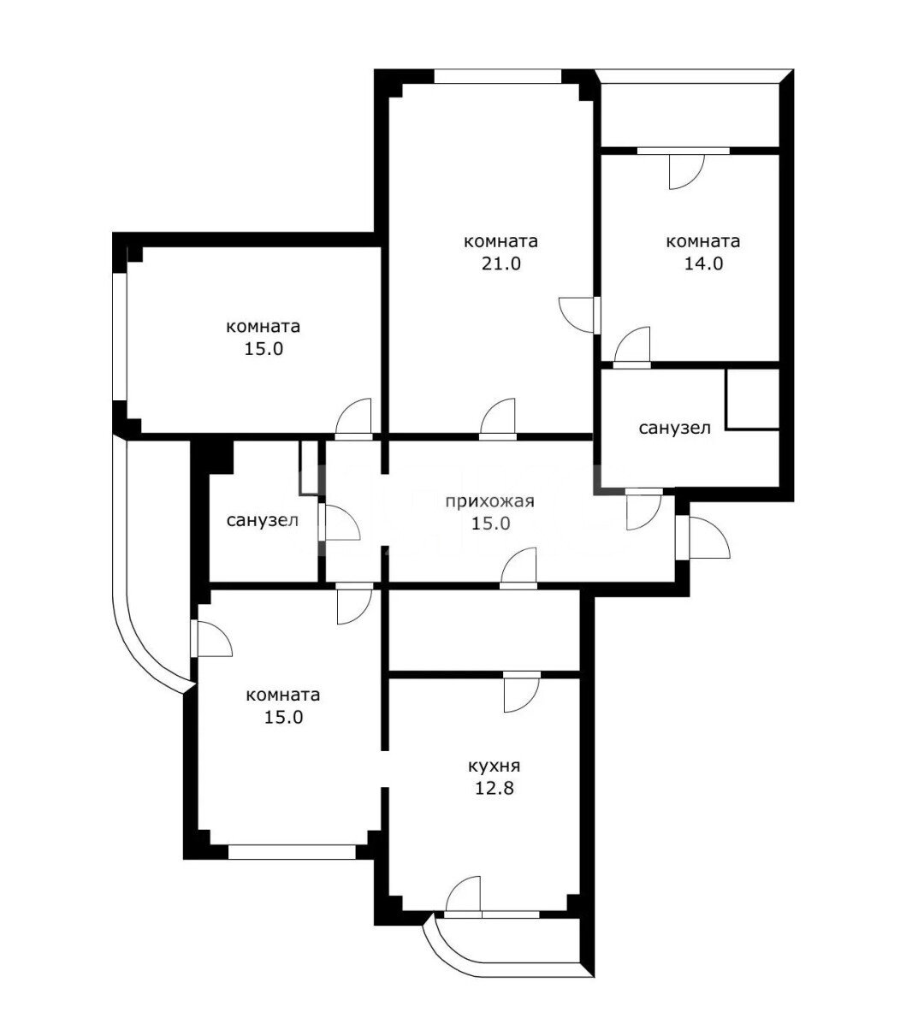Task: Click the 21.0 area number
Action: [x=500, y=263]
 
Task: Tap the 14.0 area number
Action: [x=703, y=263]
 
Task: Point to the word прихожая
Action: [x=489, y=502]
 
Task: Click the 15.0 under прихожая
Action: [x=490, y=524]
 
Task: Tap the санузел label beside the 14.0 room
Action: [x=674, y=429]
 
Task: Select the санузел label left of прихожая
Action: [x=262, y=521]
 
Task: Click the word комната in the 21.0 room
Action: [x=500, y=241]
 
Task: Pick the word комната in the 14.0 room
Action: [x=702, y=241]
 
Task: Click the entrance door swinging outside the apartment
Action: [x=707, y=538]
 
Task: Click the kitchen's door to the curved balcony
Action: [x=463, y=897]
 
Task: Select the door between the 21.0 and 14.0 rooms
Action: [x=578, y=315]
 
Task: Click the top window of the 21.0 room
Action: [x=497, y=76]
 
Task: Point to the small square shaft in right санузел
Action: [x=753, y=400]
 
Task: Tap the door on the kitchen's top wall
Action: [x=522, y=691]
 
